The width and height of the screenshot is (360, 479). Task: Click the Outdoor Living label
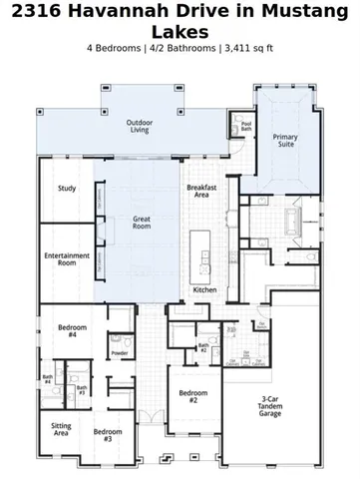(139, 126)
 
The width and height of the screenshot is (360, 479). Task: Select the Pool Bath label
(246, 127)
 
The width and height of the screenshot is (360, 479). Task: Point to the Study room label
(67, 188)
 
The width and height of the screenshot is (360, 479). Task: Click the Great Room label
(141, 221)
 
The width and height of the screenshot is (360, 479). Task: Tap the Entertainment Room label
(67, 259)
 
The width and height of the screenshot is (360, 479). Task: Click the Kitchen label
(204, 289)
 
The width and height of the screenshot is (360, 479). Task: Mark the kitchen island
(201, 249)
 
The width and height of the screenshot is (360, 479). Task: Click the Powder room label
(120, 352)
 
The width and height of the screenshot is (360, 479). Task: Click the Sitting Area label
(61, 430)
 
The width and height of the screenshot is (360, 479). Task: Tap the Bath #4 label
(47, 379)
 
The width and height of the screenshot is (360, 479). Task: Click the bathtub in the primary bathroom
(292, 221)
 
